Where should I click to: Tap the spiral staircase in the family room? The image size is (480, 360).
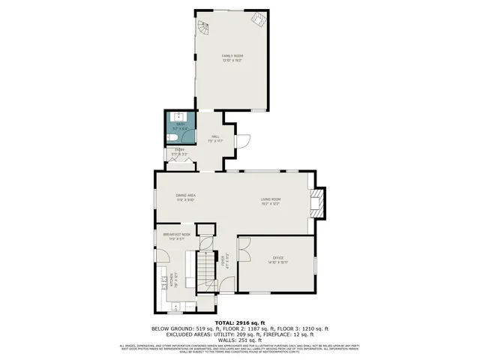coord(205,29)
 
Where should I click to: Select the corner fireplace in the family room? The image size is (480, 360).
coord(259,20)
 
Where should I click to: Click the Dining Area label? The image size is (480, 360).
coord(185,197)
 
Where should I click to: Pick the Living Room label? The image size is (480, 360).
coord(271,202)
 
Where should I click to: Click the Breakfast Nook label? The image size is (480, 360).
coord(177,237)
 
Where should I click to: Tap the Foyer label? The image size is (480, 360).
coord(223,260)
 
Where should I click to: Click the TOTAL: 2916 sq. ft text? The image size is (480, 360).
coord(240,322)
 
